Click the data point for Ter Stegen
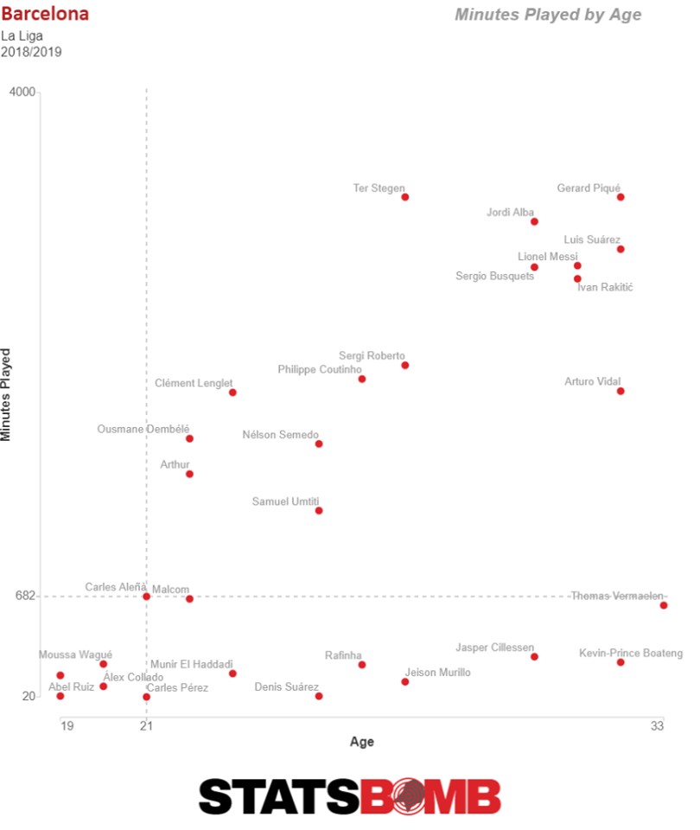point(404,197)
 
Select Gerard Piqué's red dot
point(620,197)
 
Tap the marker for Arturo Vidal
point(620,391)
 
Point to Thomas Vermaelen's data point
point(664,605)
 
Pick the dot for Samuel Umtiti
point(319,510)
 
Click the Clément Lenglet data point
point(232,393)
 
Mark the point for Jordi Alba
point(534,221)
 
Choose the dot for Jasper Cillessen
point(534,656)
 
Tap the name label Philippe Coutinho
point(320,369)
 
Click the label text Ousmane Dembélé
point(143,428)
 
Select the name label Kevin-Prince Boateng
point(631,653)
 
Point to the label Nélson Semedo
point(281,435)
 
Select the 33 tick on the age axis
point(658,725)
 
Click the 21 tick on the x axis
point(146,725)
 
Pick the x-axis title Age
point(362,742)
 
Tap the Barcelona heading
point(45,15)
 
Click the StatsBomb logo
point(350,796)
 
